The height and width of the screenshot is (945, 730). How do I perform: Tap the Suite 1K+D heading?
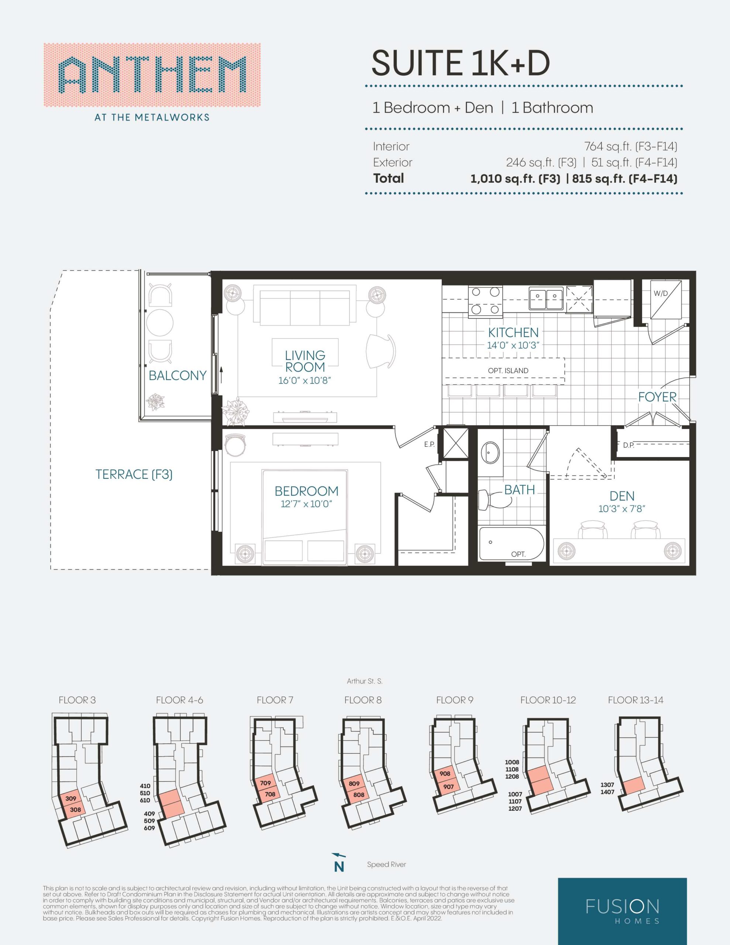point(461,63)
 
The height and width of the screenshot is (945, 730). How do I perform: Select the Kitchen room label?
point(513,332)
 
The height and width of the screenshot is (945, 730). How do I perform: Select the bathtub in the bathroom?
point(511,543)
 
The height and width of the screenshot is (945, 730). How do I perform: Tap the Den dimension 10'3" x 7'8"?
point(622,509)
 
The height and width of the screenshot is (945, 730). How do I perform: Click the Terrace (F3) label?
point(134,475)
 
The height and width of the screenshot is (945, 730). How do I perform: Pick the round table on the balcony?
point(160,322)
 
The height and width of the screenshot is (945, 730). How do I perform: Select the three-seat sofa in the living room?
point(304,307)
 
